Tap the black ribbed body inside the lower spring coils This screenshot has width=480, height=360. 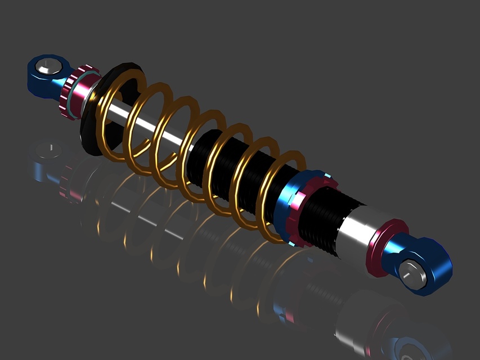click(225, 163)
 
